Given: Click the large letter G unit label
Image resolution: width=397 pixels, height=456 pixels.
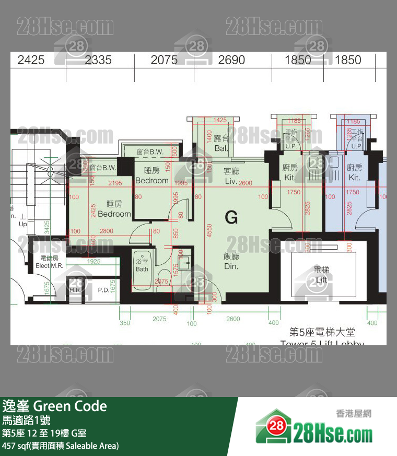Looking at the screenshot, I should (x=231, y=217).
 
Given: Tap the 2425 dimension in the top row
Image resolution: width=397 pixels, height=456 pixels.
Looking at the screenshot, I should (x=31, y=60).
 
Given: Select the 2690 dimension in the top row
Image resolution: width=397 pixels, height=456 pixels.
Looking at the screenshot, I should (x=231, y=60).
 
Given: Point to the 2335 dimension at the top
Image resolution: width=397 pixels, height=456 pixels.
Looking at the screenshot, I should (x=98, y=60).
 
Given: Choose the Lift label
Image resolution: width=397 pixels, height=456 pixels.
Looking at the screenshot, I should (x=321, y=275).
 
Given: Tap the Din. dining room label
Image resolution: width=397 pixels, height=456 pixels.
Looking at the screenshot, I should (x=231, y=261).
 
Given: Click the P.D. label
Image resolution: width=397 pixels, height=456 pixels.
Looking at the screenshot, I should (x=103, y=290).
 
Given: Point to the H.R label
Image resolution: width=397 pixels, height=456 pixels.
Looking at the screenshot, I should (x=74, y=290).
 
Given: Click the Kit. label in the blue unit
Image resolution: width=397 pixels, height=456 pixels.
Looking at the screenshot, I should (x=354, y=172).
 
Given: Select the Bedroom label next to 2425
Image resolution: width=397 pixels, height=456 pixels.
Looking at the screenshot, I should (x=114, y=209).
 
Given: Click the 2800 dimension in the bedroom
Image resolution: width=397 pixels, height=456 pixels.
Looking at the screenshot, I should (x=106, y=231).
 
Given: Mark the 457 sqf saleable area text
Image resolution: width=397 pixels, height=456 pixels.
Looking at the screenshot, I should (x=61, y=446).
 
